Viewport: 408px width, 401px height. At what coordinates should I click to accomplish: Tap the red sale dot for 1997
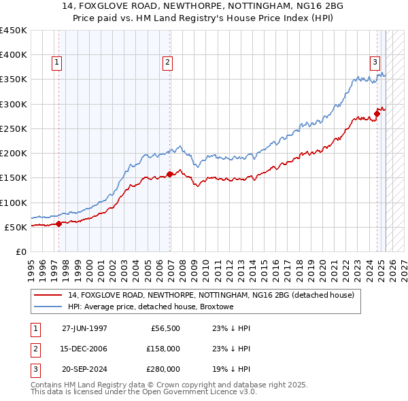pos(59,224)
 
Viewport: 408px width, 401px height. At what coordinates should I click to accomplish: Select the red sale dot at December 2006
pos(170,174)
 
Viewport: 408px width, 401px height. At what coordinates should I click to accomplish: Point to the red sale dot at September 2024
pos(377,114)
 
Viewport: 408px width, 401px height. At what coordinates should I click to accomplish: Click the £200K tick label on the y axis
pos(14,153)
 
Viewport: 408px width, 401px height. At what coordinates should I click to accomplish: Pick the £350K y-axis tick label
pos(14,80)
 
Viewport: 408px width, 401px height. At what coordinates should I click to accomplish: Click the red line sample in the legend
pos(48,296)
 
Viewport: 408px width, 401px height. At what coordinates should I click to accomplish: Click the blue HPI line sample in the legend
pos(48,307)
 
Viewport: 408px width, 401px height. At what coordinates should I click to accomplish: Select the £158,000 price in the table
pos(163,349)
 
